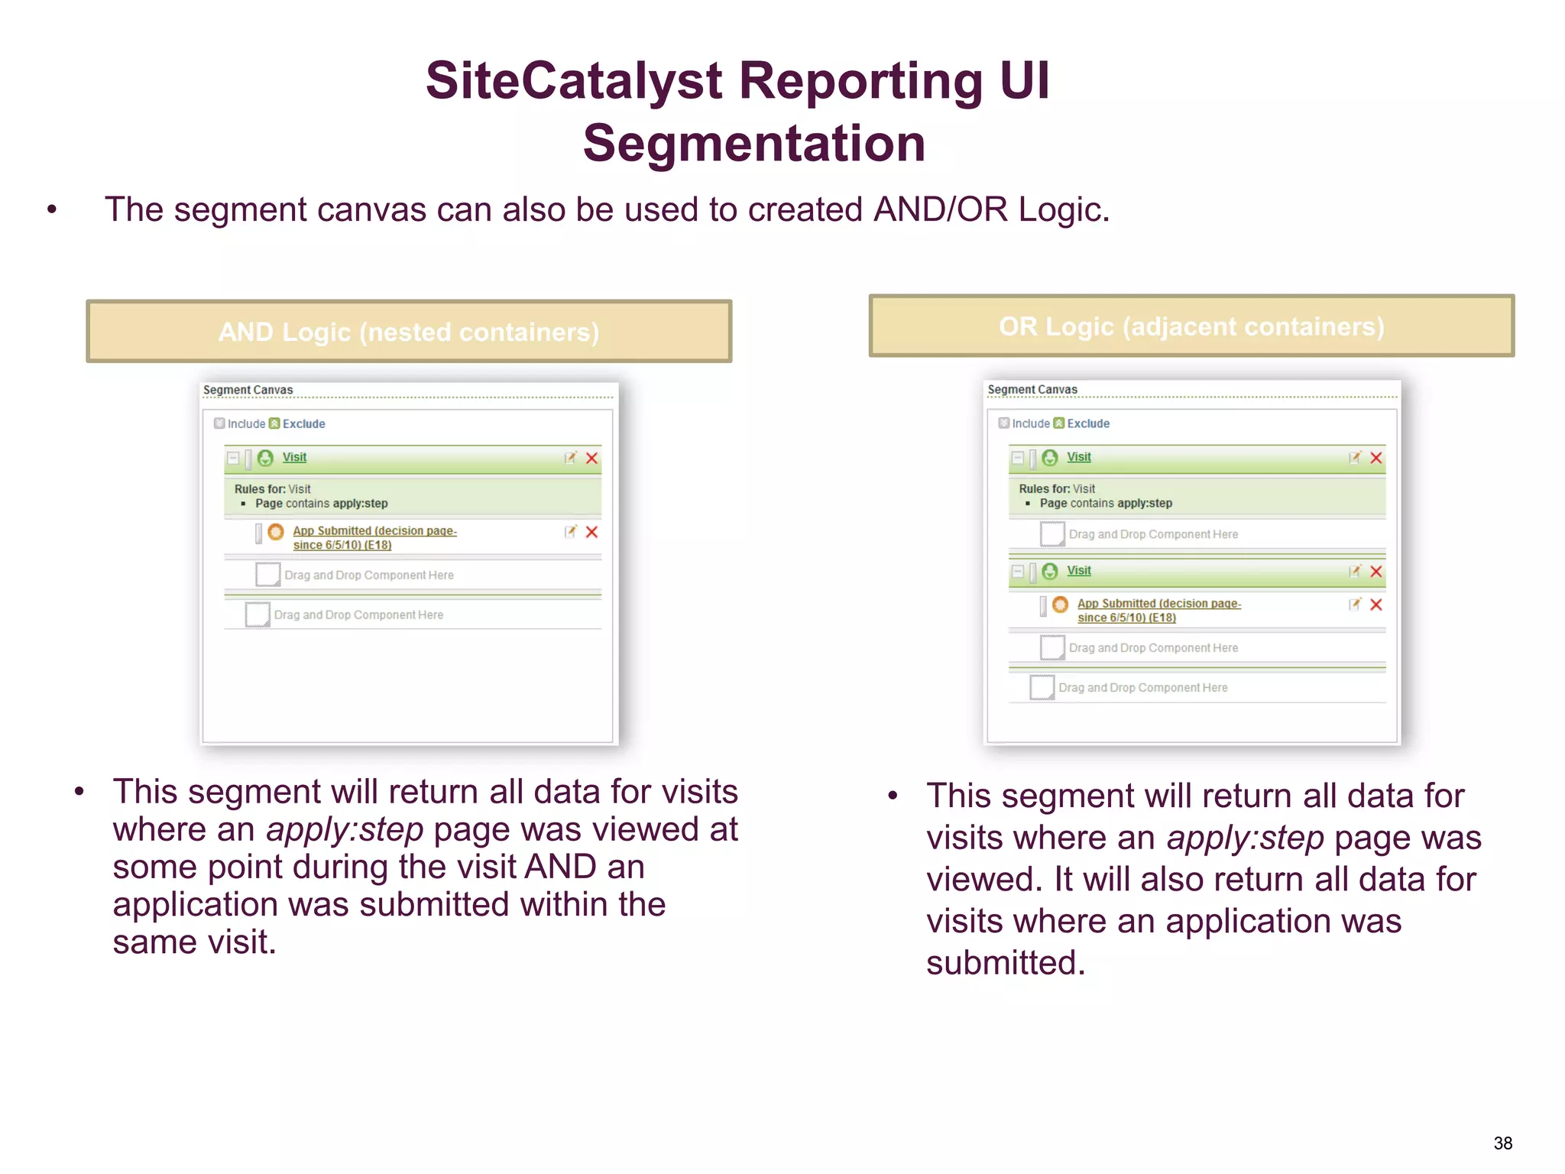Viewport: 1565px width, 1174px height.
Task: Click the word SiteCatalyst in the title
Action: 573,81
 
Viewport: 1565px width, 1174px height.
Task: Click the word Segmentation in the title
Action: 753,144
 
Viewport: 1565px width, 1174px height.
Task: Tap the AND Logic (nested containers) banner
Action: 409,332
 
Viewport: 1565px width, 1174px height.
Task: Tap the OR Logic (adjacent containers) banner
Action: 1191,326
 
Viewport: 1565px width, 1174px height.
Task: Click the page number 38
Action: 1502,1143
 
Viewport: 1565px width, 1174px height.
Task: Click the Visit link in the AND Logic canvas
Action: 294,457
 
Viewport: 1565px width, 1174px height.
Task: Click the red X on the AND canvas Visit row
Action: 591,458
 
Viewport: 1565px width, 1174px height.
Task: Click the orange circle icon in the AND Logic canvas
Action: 276,532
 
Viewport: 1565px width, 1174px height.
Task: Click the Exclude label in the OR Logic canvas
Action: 1088,423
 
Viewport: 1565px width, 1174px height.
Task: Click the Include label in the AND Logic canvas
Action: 246,424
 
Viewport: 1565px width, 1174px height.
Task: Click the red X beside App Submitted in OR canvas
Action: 1376,605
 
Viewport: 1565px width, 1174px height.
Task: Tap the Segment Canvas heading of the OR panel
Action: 1032,390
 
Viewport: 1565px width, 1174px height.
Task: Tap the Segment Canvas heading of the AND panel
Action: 248,390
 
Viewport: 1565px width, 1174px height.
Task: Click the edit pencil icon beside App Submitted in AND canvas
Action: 570,532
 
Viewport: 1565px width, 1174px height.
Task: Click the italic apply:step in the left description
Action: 345,829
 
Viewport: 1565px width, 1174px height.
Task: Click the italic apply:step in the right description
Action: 1245,838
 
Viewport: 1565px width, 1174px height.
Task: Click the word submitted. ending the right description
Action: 1006,963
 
